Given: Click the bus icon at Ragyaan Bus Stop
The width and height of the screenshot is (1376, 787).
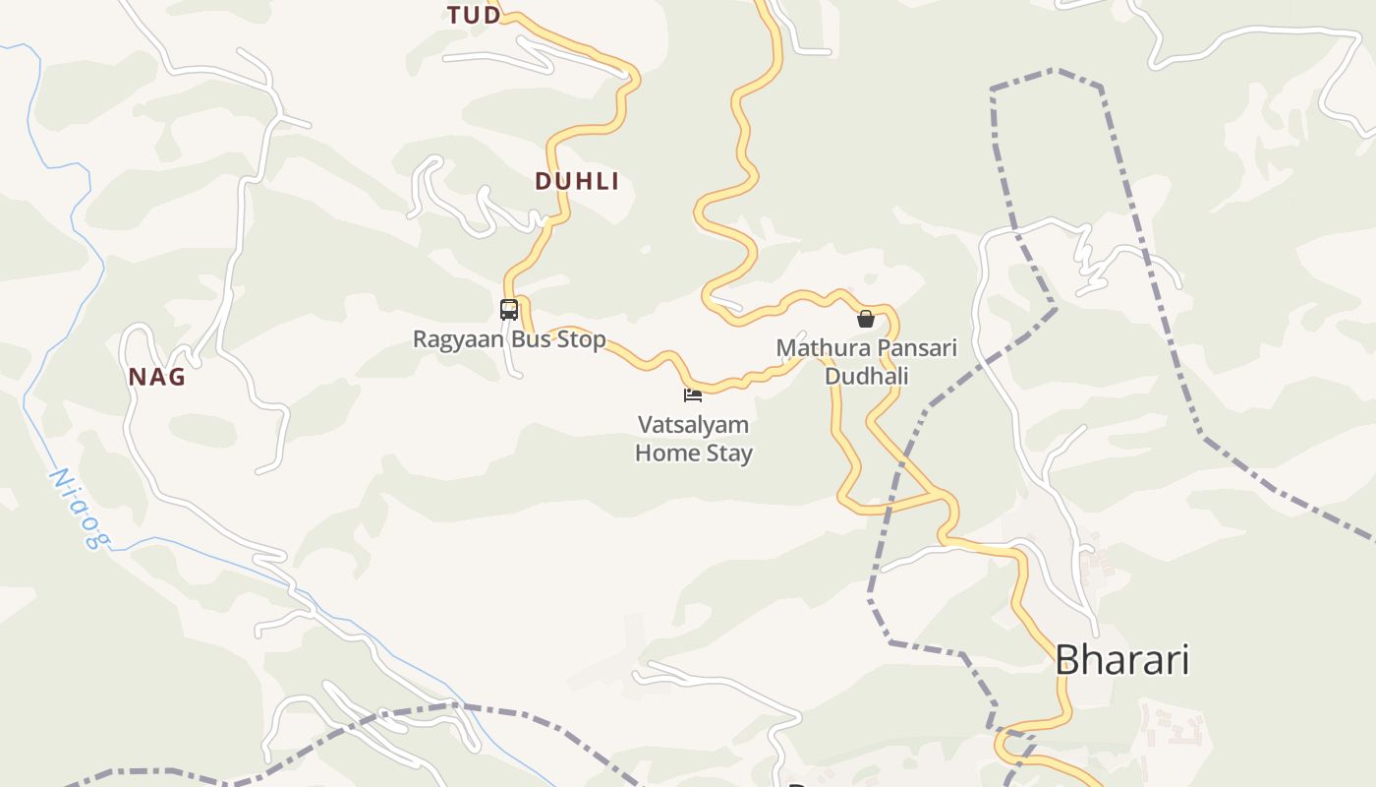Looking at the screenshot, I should point(508,309).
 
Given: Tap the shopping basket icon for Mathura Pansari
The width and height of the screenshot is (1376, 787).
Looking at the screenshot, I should point(866,319).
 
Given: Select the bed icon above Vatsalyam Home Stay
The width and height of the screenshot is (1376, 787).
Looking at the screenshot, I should point(693,395).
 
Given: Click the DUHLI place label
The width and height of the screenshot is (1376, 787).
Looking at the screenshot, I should point(577,181).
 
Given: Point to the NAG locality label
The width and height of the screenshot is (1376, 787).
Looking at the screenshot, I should point(157,377).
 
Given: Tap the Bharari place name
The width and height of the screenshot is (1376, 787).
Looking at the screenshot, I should point(1121,659).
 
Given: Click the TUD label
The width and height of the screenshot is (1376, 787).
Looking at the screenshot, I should point(474,15).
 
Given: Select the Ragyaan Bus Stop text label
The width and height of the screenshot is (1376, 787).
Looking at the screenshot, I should point(509,339).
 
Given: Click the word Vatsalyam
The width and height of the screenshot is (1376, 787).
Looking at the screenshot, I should point(694,425).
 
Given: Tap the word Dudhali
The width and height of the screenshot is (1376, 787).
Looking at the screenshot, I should point(866,376).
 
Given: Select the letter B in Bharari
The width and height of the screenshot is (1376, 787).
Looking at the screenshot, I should point(1066,659).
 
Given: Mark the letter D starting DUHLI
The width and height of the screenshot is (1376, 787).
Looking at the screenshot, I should point(543,181).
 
